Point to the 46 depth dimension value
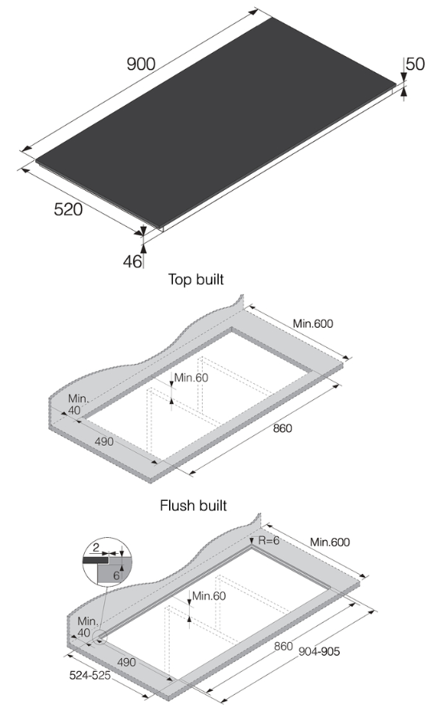(x=132, y=261)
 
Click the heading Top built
(x=195, y=280)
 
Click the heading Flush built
(x=193, y=506)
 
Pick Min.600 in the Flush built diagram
(x=330, y=543)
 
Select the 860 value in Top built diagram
(x=282, y=428)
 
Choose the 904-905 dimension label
(x=318, y=651)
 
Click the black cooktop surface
(x=216, y=120)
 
